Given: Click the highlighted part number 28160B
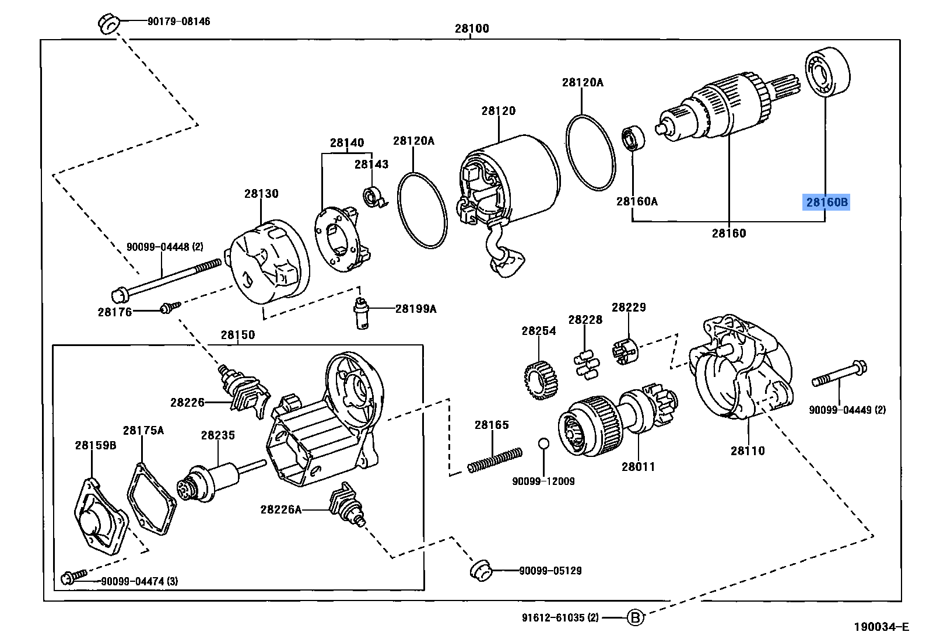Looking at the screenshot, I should [826, 202].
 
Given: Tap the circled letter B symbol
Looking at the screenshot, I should [636, 617].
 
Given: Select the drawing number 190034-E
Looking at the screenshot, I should [881, 627].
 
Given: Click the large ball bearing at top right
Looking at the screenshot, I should [827, 72].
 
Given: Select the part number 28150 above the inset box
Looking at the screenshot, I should [237, 335].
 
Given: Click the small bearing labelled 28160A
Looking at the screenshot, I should [632, 138].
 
